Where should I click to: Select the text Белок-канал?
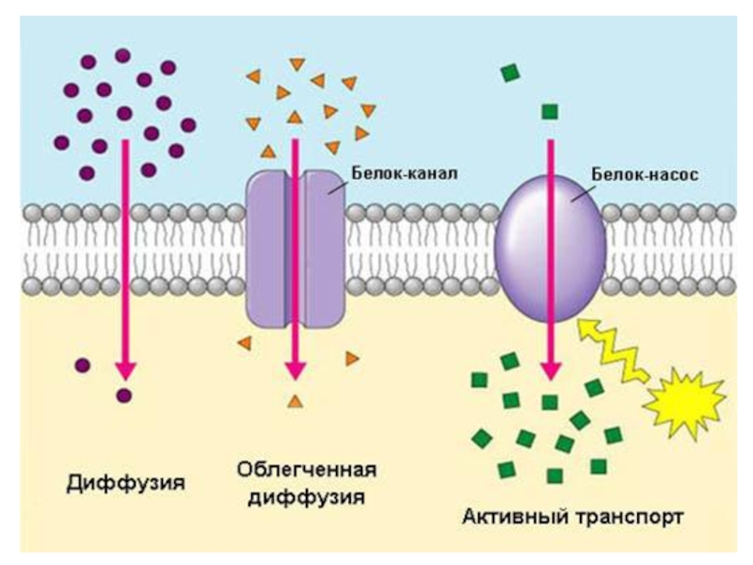[404, 175]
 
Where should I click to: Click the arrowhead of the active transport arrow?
[550, 372]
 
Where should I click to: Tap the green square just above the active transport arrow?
[550, 112]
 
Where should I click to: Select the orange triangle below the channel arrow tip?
[296, 402]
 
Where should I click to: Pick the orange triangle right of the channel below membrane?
[352, 358]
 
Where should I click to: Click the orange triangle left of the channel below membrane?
[244, 343]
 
